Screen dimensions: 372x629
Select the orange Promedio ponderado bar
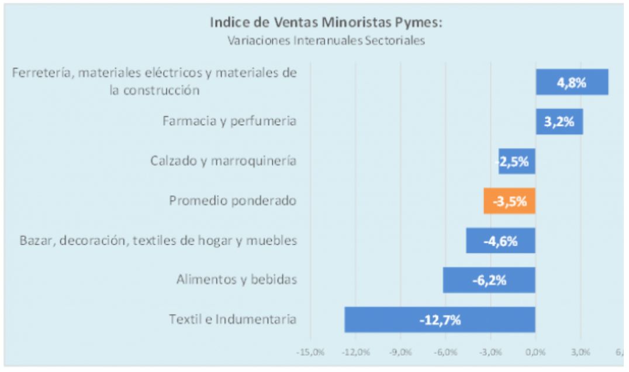[x=509, y=201]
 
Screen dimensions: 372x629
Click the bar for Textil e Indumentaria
[x=440, y=320]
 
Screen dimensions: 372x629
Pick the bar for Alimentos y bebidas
[x=489, y=280]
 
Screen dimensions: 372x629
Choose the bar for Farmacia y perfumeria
[x=559, y=122]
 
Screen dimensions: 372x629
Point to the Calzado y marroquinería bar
[x=517, y=161]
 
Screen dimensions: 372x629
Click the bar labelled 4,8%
[x=572, y=82]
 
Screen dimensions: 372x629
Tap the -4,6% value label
[x=502, y=241]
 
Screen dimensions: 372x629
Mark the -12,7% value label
[x=440, y=321]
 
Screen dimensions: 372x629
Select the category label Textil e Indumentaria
[x=233, y=319]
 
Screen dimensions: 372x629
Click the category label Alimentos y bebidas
[x=237, y=280]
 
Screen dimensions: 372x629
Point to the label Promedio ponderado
[x=233, y=201]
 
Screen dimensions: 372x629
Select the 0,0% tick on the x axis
[x=535, y=353]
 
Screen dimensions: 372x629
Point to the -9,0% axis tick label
[x=400, y=353]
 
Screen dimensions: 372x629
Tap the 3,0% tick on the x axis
[x=580, y=353]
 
